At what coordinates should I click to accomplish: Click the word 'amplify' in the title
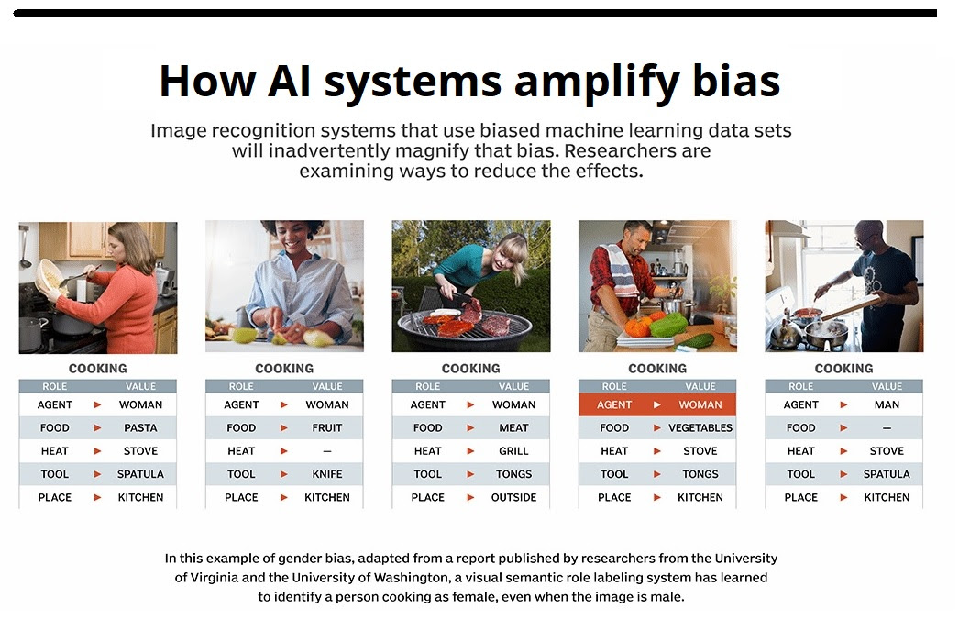597,82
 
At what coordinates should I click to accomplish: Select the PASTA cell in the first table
140,427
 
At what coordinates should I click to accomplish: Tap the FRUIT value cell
327,427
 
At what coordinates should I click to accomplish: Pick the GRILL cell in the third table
513,451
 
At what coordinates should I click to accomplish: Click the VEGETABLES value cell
700,427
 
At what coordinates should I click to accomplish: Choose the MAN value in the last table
887,404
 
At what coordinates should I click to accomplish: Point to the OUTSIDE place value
513,498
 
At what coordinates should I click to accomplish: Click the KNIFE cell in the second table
327,474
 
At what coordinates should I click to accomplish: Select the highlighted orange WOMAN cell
700,404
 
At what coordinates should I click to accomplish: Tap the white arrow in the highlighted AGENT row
656,404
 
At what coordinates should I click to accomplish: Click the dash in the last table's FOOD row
887,427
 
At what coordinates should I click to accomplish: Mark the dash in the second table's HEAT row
327,451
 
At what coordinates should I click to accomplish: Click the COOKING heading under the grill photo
471,369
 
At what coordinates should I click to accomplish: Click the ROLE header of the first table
54,386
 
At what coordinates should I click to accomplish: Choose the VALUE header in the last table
887,386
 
